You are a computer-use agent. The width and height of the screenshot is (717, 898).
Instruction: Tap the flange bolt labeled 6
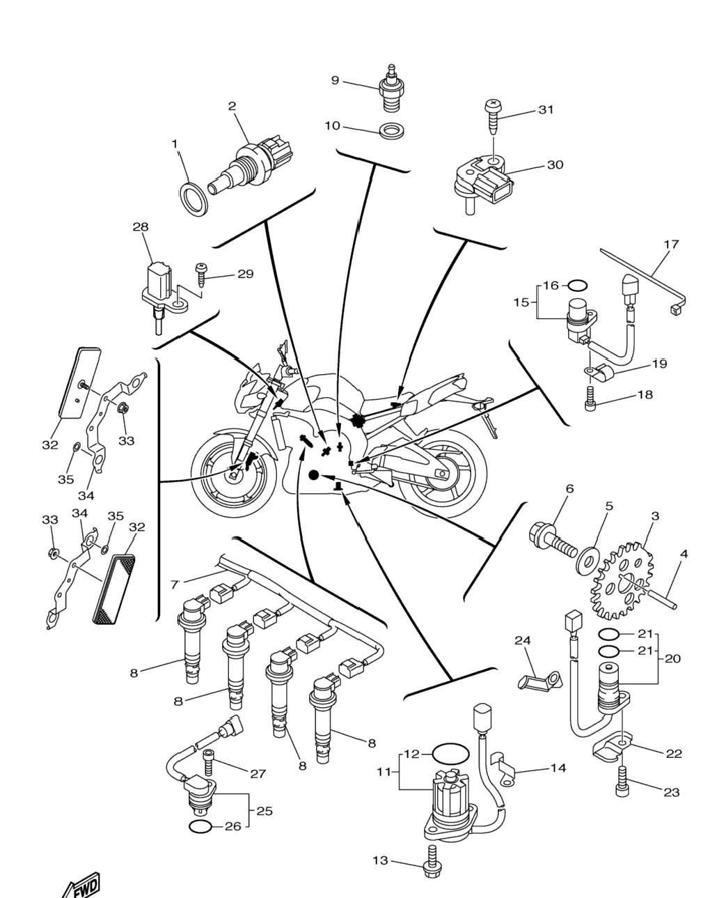point(552,541)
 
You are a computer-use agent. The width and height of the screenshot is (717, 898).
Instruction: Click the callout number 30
point(555,165)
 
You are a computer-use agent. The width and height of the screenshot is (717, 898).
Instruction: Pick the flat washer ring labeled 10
point(391,130)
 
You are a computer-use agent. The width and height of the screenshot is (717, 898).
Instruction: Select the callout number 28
point(140,227)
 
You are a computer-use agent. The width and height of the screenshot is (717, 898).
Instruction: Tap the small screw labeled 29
point(201,274)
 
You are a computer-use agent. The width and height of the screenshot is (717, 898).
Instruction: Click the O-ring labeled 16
point(577,286)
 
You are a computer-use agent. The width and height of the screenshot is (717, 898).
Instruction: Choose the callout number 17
point(671,244)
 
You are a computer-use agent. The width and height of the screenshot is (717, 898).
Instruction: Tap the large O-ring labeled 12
point(450,754)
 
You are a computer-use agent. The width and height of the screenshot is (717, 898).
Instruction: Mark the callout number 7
point(174,585)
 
